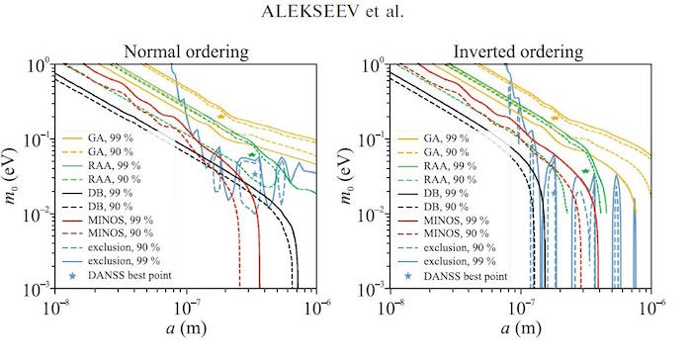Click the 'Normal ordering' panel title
pos(186,51)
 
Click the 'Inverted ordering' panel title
pos(518,51)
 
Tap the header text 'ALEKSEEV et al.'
pos(332,11)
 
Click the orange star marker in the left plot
pos(221,116)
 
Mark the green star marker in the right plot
pos(585,171)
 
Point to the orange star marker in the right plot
pos(556,118)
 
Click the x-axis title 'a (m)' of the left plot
pos(186,327)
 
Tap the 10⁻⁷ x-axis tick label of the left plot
pos(187,307)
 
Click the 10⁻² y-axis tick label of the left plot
pos(38,215)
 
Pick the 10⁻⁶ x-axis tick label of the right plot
pos(651,307)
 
